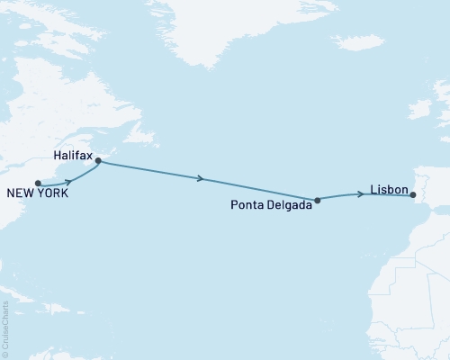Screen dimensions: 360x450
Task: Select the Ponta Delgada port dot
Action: (317, 200)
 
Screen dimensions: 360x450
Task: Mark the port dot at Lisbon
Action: (413, 193)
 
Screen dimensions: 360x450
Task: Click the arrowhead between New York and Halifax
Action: (68, 181)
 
